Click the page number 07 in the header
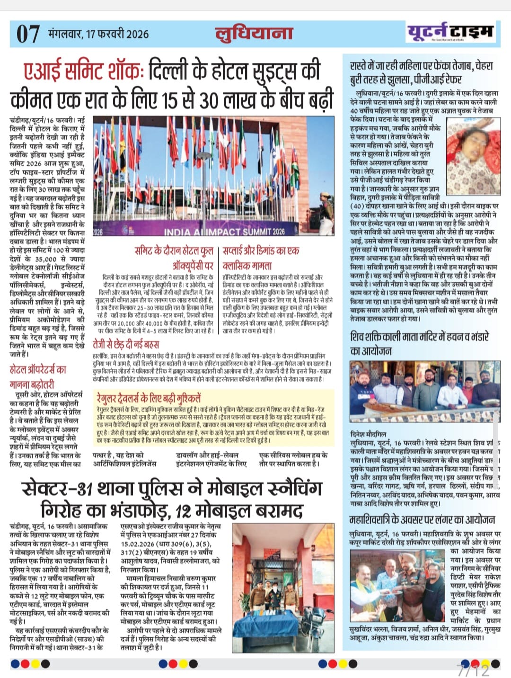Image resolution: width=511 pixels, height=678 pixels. (27, 34)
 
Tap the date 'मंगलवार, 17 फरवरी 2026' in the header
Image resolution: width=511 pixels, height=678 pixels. (98, 34)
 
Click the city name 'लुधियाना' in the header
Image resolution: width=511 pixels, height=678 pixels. (254, 33)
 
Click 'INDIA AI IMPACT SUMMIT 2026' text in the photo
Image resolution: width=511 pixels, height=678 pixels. (224, 232)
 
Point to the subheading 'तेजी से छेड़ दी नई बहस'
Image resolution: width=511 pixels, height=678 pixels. (126, 344)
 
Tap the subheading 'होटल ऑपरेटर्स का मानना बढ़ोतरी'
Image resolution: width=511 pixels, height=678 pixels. (38, 377)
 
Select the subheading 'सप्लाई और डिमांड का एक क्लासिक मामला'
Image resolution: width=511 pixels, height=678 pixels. (261, 258)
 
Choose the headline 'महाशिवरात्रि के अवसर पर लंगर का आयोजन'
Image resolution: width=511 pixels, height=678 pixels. (422, 519)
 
